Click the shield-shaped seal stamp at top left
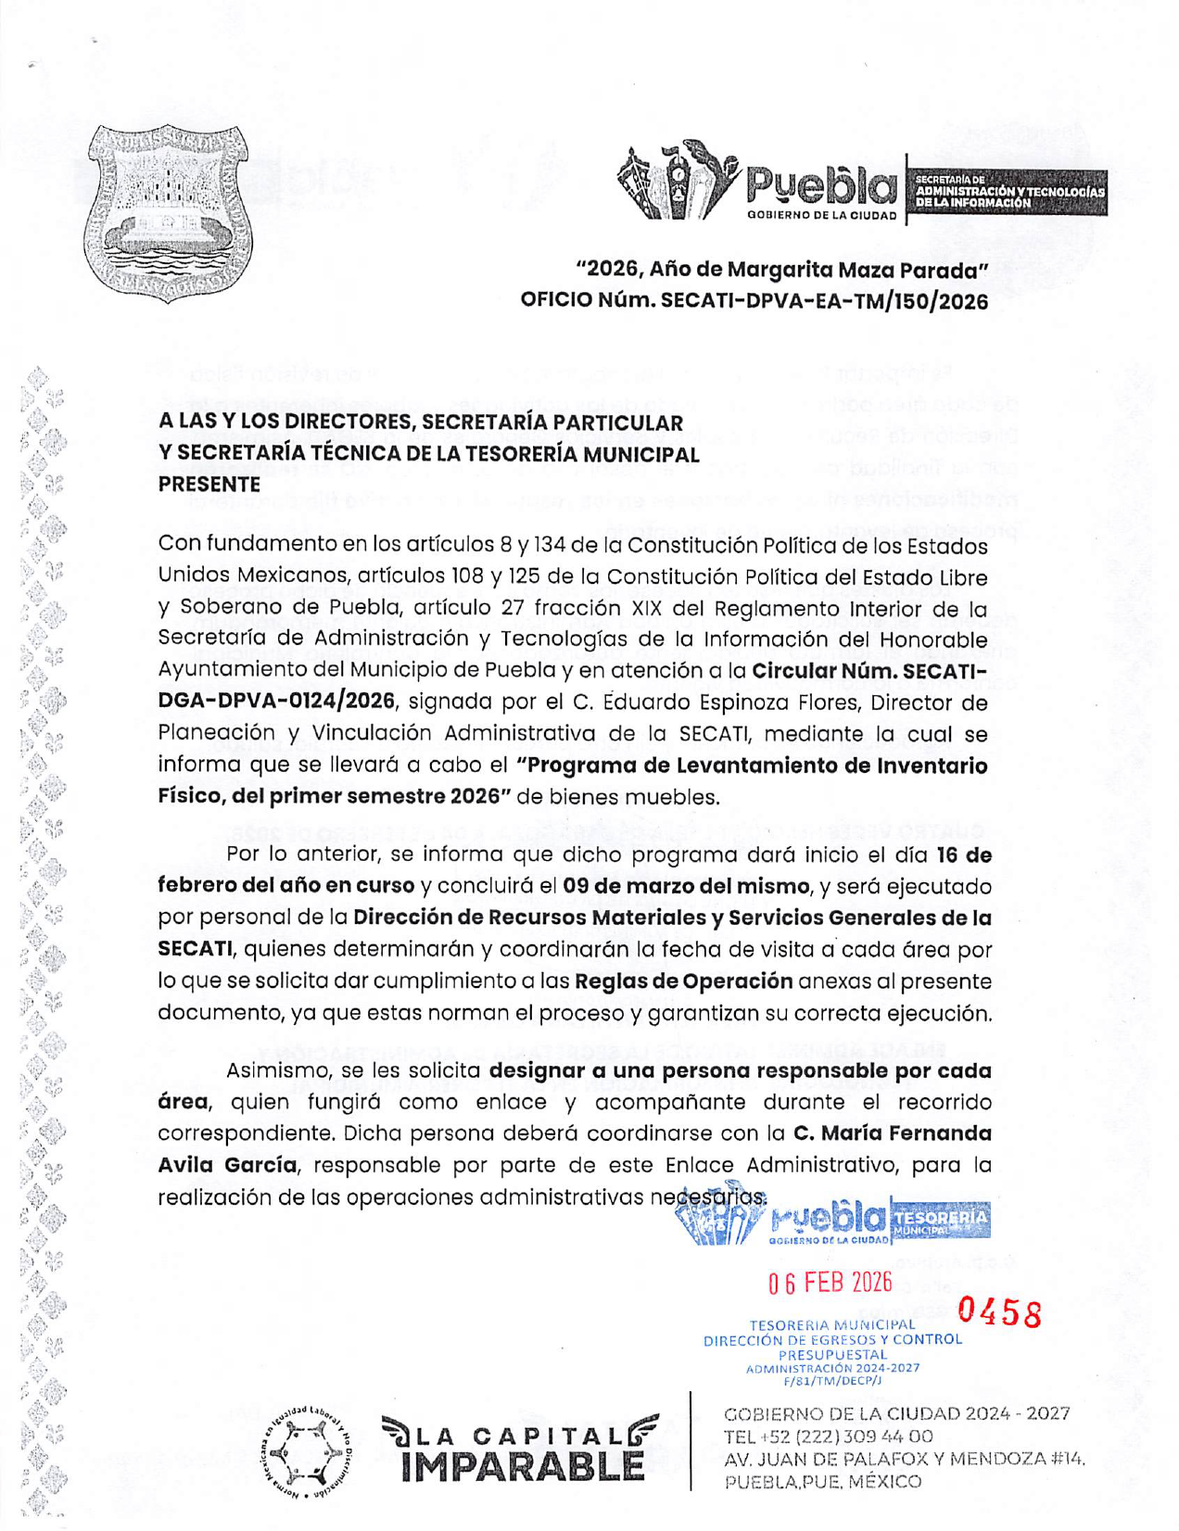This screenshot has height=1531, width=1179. [168, 213]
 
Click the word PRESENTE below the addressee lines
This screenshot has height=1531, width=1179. [209, 484]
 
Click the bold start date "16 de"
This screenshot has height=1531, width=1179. [963, 854]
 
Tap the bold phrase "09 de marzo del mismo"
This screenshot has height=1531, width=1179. [685, 886]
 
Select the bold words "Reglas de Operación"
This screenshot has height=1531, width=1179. [683, 981]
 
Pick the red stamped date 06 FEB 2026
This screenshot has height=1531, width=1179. [830, 1283]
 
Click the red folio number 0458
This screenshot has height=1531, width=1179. [999, 1312]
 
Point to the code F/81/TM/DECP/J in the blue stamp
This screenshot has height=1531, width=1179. [832, 1381]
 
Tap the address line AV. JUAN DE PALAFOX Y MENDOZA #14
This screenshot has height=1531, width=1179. [904, 1459]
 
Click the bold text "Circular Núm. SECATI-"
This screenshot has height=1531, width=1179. [869, 670]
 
